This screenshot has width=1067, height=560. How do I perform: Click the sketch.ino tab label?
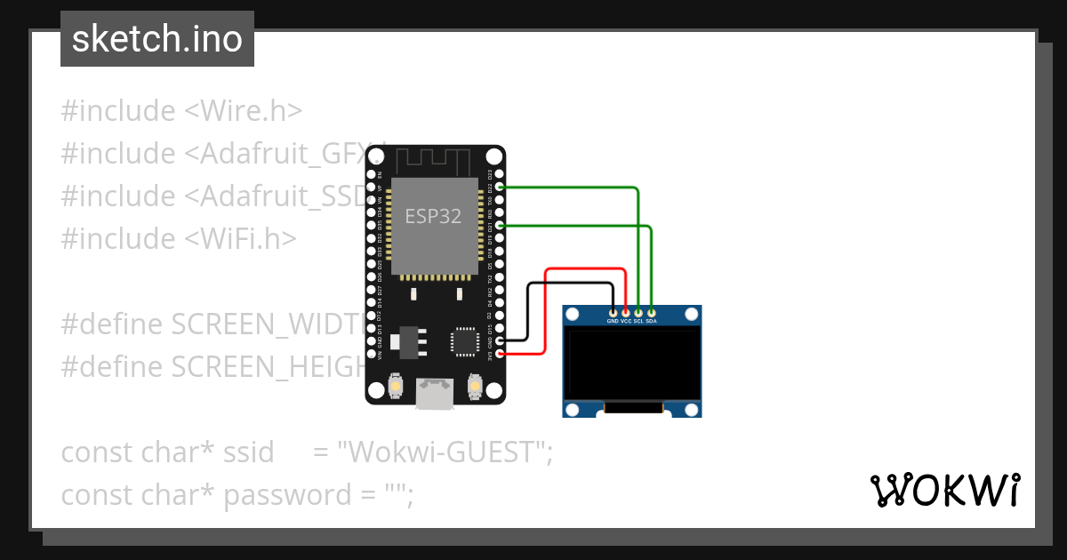click(156, 39)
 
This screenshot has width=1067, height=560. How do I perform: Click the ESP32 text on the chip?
click(433, 216)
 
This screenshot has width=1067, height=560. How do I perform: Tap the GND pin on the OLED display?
click(613, 312)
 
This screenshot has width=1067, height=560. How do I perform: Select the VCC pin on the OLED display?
click(626, 312)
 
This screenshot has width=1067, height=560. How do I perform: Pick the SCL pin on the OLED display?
click(638, 312)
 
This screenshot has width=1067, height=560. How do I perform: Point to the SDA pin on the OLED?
click(652, 312)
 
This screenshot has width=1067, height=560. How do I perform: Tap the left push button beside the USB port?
click(396, 388)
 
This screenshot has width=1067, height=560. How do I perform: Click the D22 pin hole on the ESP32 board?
click(500, 187)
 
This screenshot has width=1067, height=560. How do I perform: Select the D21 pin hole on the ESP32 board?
click(500, 226)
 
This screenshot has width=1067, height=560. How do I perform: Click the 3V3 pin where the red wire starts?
click(500, 354)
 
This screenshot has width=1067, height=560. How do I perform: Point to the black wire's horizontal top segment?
click(569, 284)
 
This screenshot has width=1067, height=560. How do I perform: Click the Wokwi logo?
click(944, 491)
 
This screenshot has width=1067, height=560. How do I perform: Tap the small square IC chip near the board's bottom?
click(465, 341)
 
